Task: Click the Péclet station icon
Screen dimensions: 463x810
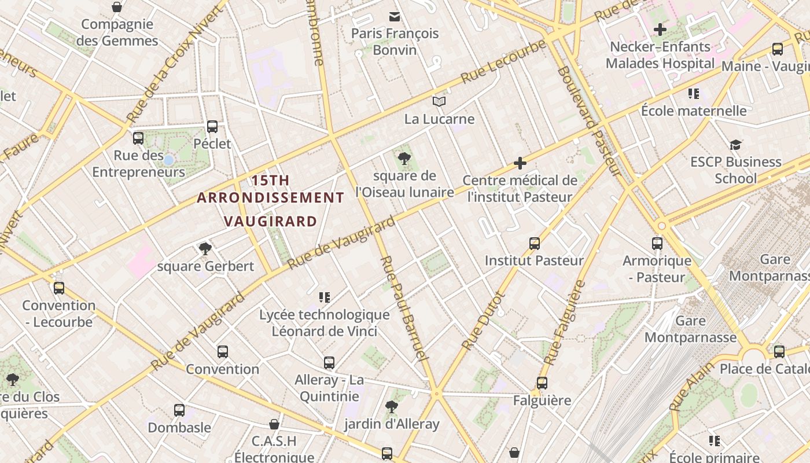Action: (x=212, y=126)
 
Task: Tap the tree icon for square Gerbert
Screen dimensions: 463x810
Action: (x=205, y=249)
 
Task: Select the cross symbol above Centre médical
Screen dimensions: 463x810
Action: (x=520, y=163)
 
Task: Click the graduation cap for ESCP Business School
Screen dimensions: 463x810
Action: (x=735, y=145)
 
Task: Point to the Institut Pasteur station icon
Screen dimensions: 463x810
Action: (x=535, y=243)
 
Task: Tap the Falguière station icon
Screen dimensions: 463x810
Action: (x=542, y=383)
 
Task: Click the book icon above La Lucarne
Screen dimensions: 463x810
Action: (x=439, y=102)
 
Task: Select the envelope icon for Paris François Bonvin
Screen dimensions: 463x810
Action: (x=395, y=16)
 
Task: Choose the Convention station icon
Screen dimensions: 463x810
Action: (x=223, y=351)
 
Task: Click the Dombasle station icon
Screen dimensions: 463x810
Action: (x=179, y=410)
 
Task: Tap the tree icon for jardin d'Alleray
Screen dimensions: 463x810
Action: (x=392, y=407)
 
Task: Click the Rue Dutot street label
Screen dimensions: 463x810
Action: (x=484, y=320)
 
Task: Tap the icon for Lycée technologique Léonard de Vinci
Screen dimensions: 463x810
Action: (x=325, y=297)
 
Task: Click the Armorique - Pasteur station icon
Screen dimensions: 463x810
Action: (x=657, y=243)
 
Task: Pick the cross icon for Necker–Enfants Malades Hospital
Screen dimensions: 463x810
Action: (x=660, y=29)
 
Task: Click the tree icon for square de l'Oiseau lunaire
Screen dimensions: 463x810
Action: (x=404, y=158)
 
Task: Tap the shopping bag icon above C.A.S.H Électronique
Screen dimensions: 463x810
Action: (x=274, y=424)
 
